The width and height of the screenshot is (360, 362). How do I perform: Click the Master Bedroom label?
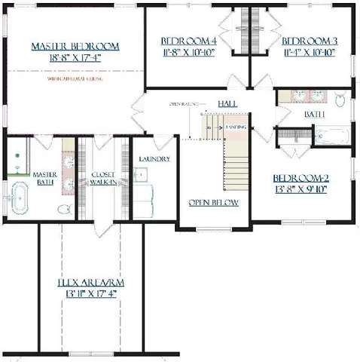[x=75, y=47]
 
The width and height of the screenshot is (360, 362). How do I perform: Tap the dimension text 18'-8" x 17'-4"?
[x=75, y=57]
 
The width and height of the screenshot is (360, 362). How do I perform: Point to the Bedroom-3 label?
[x=309, y=41]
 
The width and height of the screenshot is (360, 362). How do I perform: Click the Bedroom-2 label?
[x=301, y=179]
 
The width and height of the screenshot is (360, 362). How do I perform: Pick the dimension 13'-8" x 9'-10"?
[x=301, y=190]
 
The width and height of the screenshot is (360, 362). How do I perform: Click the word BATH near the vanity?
[x=315, y=115]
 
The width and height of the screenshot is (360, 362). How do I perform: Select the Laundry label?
[x=154, y=159]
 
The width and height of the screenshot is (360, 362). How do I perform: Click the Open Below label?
[x=214, y=202]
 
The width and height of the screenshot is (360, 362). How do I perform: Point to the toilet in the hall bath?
[x=340, y=98]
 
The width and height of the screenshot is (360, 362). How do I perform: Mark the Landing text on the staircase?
[x=235, y=128]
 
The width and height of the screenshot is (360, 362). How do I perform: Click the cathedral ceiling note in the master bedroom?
[x=75, y=78]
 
